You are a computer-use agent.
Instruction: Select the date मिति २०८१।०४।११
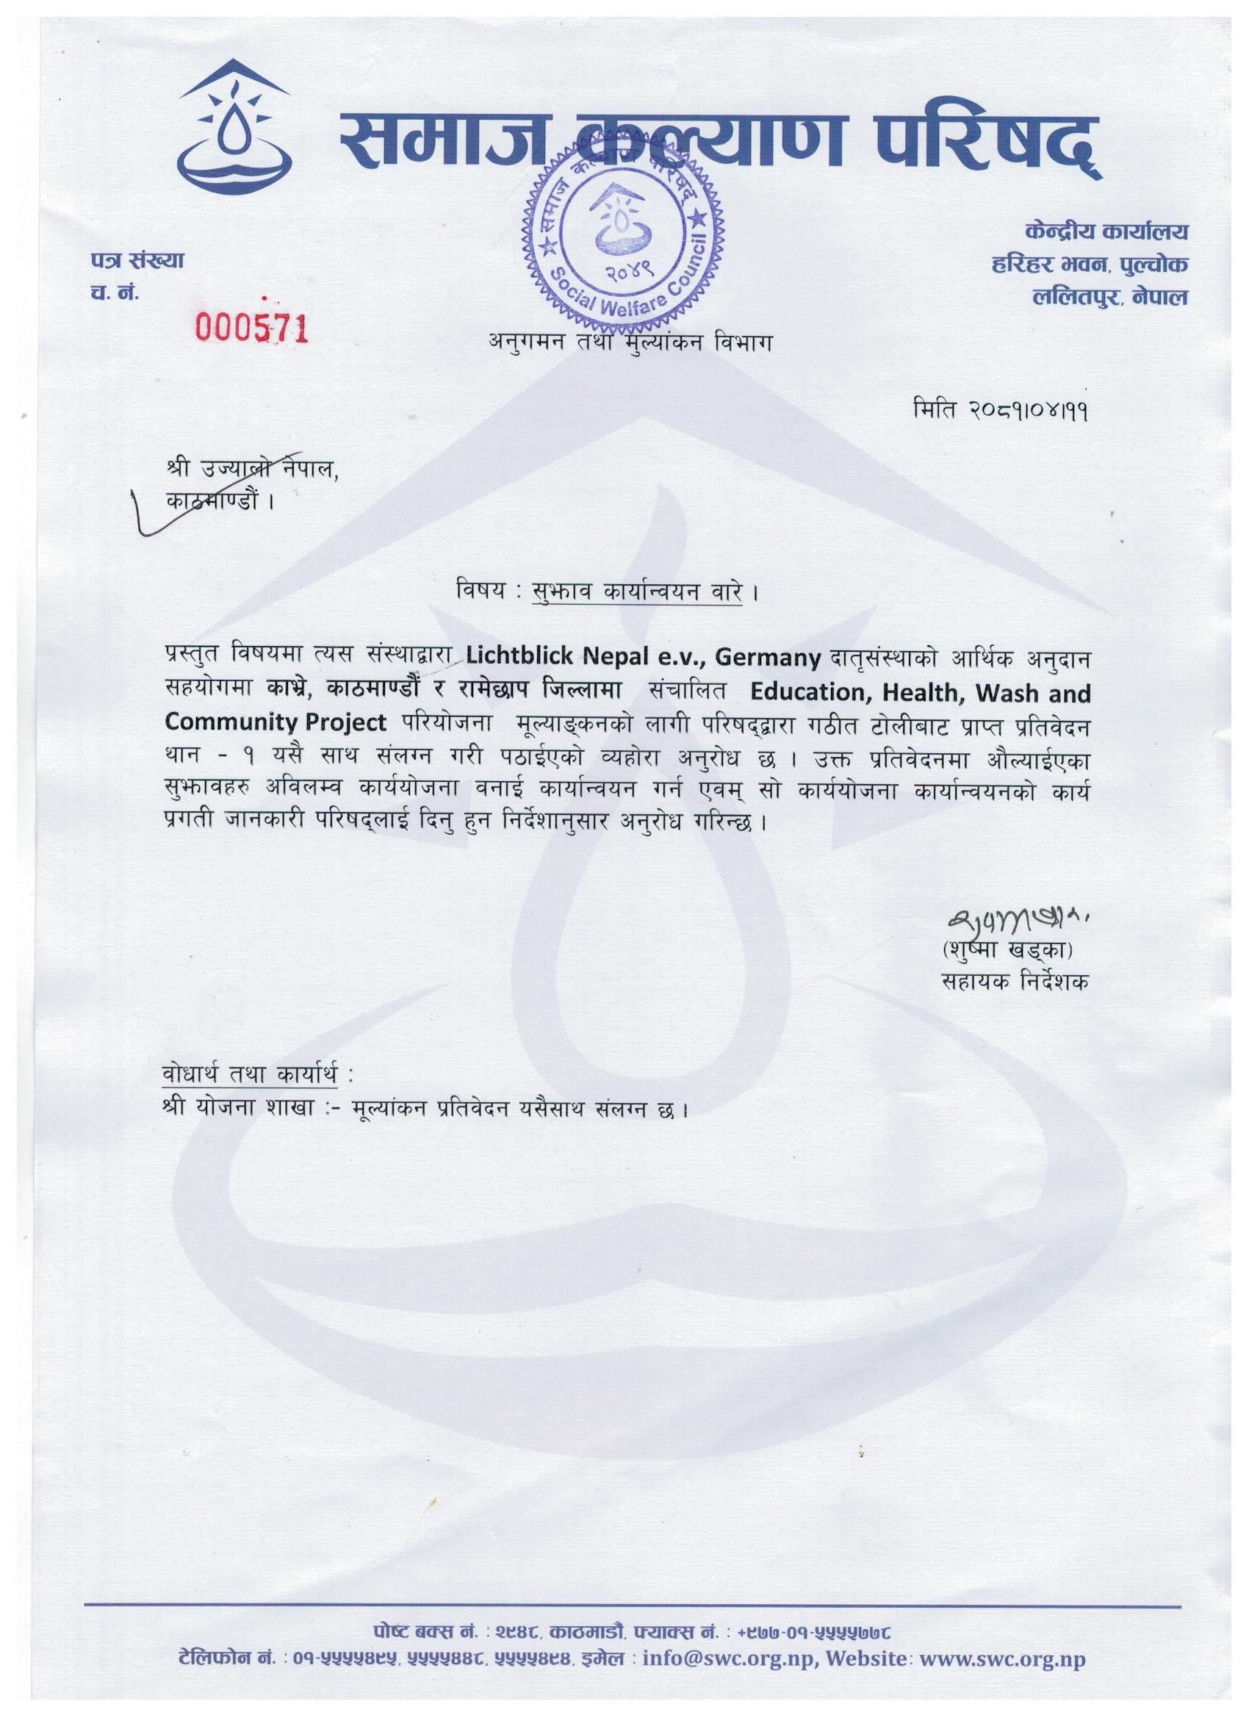[1002, 411]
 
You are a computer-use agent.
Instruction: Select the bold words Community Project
[276, 723]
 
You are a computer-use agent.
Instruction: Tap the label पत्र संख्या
[137, 262]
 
